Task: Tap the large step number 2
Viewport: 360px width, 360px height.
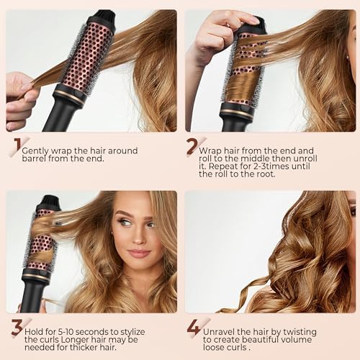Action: click(x=192, y=147)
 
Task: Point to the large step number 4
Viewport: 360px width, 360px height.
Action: click(x=192, y=328)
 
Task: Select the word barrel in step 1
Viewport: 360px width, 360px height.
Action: click(x=36, y=161)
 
